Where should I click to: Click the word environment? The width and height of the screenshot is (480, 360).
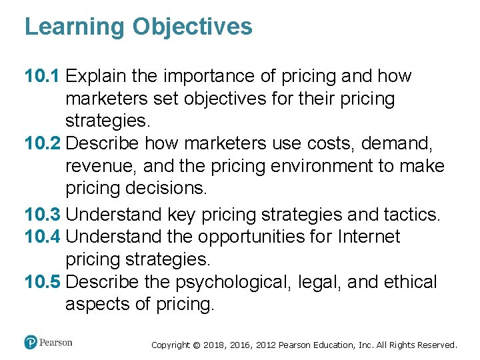(308, 166)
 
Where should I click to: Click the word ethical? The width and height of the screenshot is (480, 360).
(411, 282)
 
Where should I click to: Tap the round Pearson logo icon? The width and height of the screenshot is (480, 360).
(31, 343)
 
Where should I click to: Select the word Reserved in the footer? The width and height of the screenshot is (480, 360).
(434, 345)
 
